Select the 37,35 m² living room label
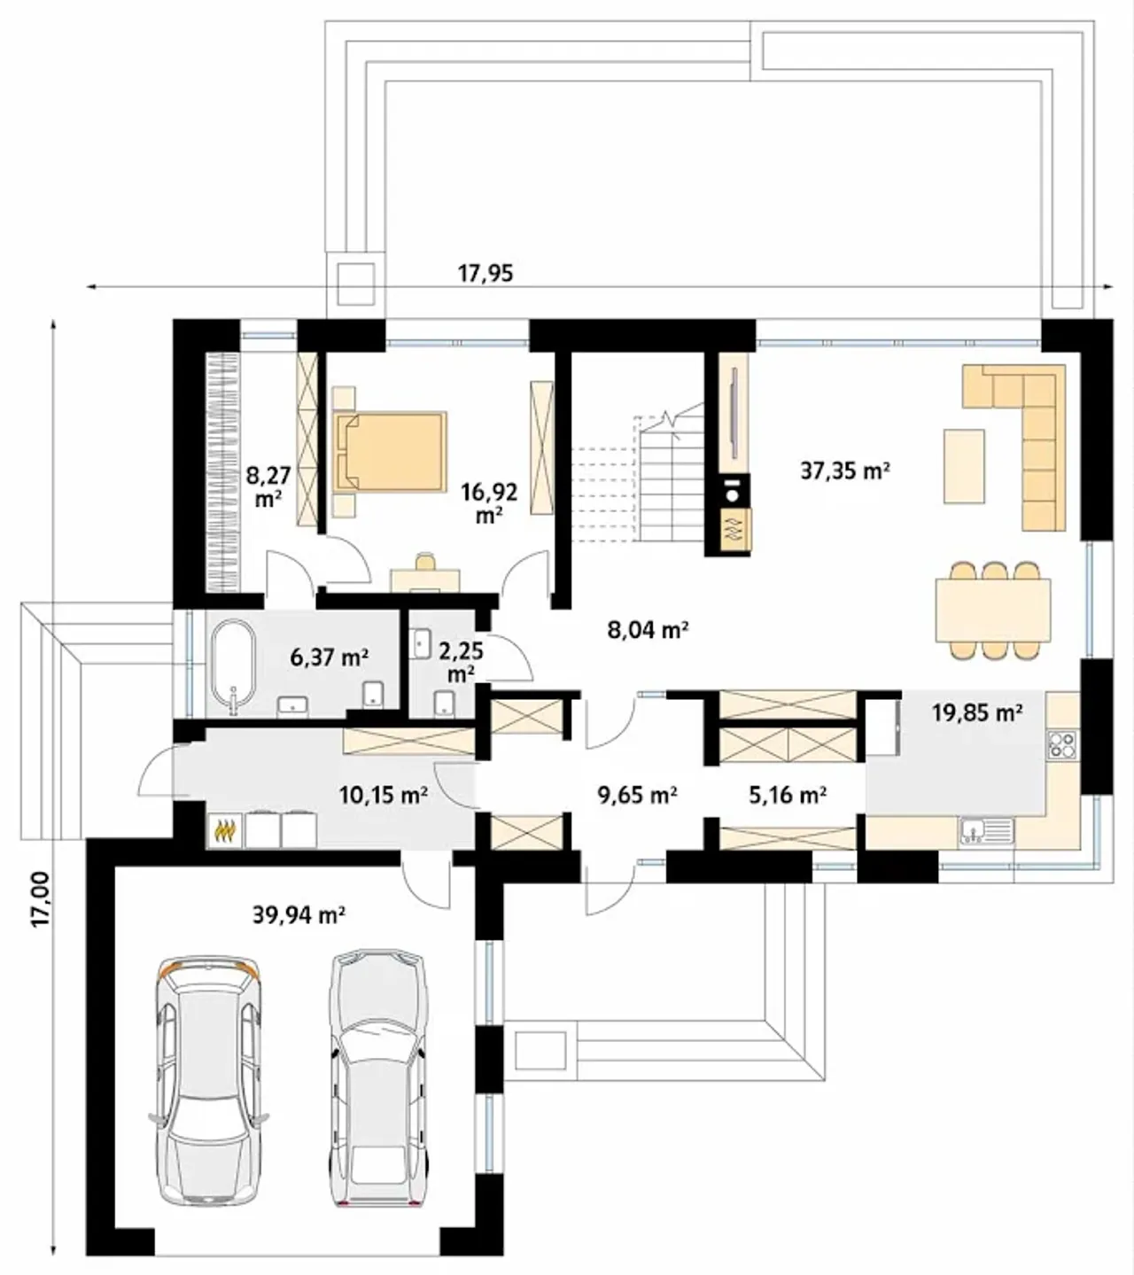[845, 470]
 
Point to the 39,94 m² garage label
[299, 915]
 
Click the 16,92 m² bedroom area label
[489, 503]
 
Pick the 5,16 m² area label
[788, 796]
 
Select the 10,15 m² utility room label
[384, 796]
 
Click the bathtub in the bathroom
[234, 668]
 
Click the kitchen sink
[986, 831]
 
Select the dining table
[993, 610]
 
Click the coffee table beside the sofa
[964, 466]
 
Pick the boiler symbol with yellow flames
[226, 831]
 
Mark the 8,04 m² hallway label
[648, 629]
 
